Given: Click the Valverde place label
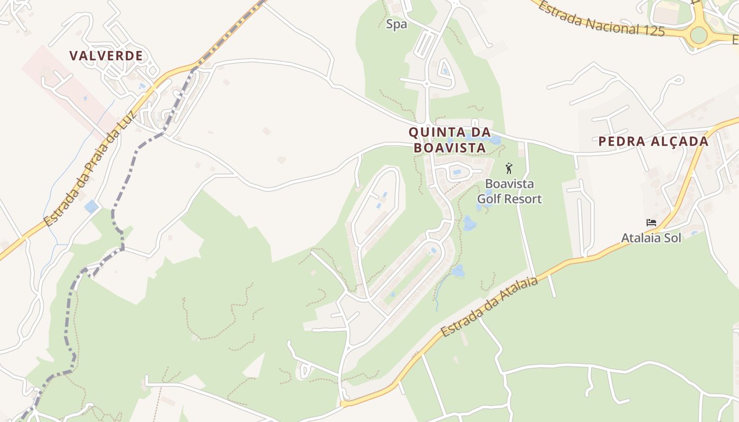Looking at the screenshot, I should point(106,56).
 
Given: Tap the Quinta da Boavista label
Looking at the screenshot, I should point(450,140).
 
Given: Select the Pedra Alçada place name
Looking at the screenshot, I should point(653,141).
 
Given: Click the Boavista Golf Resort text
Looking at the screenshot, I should point(509,191).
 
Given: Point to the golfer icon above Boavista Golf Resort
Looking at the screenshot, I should point(509,168).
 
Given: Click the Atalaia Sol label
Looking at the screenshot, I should point(651,238).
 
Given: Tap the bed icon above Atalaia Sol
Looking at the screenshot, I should point(651,223).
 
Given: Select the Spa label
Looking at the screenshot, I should point(396,24).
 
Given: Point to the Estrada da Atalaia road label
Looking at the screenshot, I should point(489,307).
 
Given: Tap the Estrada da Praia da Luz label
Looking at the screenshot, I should point(90,169).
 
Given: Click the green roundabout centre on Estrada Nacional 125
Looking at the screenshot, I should point(698,35).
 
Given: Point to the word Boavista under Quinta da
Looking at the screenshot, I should point(450,148).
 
